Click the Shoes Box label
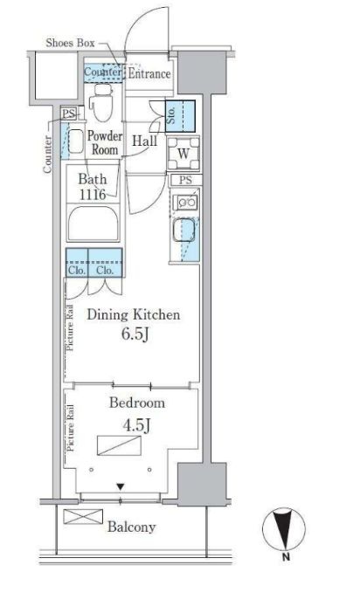70,43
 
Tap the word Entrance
149,73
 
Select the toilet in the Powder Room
101,102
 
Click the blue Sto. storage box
180,116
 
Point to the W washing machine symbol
183,154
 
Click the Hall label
144,141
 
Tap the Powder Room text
105,142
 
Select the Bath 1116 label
93,187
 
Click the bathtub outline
93,224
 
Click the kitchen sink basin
183,230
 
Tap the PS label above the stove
185,180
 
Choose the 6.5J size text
135,334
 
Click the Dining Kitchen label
134,314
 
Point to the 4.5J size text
136,425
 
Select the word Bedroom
137,403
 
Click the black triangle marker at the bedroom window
120,487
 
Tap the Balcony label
131,527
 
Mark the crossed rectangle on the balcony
83,516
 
